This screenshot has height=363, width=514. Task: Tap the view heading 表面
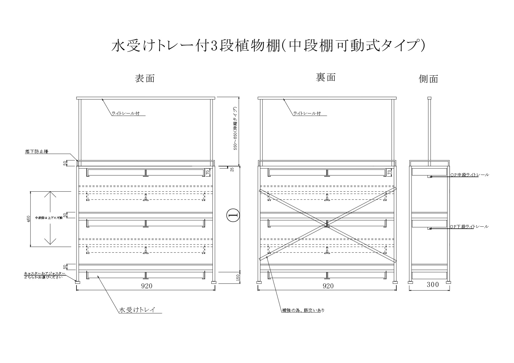(x=145, y=78)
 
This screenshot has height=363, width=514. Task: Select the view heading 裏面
(x=326, y=78)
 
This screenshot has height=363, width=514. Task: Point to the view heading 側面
(x=428, y=79)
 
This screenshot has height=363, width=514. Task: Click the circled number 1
(x=233, y=215)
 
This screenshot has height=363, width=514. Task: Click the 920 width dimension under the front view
(x=147, y=286)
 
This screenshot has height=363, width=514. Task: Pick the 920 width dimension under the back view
(x=328, y=286)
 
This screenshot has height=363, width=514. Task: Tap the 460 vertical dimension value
(x=28, y=219)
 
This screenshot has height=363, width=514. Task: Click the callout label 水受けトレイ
(x=137, y=310)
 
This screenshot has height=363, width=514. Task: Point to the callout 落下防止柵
(x=37, y=152)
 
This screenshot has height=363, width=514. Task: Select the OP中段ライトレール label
(x=469, y=175)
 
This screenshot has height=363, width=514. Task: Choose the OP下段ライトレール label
(x=469, y=227)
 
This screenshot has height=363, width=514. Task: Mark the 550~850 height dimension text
(x=235, y=129)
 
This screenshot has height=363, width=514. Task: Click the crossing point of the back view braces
(x=327, y=224)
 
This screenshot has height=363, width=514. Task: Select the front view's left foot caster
(x=77, y=282)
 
